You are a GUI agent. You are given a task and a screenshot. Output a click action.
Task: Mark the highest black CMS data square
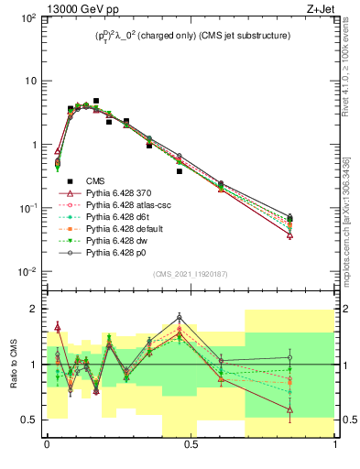tap(96, 101)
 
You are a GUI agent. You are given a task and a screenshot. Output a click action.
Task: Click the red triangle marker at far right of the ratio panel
tap(289, 410)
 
